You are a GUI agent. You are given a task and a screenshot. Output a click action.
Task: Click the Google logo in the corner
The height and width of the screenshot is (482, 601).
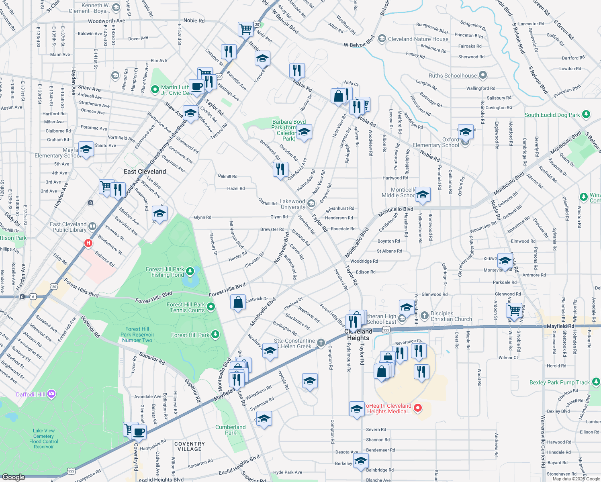[x=13, y=477]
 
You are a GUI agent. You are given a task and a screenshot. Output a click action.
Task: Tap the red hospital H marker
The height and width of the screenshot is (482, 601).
[x=88, y=243]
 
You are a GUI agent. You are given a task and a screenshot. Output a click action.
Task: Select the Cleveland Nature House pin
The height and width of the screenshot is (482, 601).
[x=382, y=39]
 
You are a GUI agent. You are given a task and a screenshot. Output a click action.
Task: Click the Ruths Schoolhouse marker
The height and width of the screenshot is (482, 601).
[x=483, y=75]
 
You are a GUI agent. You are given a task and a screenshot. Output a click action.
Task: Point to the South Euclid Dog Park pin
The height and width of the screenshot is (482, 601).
[x=586, y=114]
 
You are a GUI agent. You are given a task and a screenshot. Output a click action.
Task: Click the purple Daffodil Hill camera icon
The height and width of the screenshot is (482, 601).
[x=51, y=394]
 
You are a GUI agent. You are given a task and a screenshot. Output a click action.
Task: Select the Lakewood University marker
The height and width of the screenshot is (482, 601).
[x=311, y=204]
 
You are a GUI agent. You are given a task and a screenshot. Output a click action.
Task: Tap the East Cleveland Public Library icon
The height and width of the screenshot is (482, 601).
[x=92, y=227]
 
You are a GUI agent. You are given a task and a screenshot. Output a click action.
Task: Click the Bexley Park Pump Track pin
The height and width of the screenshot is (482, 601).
[x=596, y=382]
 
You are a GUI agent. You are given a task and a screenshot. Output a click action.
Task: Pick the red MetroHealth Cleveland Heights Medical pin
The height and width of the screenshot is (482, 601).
[x=418, y=408]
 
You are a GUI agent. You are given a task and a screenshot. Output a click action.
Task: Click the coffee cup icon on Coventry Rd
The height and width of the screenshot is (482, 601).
[x=139, y=432]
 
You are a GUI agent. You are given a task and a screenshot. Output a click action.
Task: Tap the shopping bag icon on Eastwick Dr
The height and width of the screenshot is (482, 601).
[x=238, y=302]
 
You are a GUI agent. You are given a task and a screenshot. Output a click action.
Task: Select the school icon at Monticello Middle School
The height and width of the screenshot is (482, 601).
[x=422, y=195]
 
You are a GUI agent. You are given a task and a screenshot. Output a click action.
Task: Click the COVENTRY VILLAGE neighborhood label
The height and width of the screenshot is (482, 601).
[x=190, y=446]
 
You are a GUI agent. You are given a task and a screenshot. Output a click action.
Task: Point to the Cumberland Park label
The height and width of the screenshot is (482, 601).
[x=230, y=430]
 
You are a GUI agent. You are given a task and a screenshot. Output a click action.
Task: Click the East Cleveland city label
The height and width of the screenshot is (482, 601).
[x=145, y=172]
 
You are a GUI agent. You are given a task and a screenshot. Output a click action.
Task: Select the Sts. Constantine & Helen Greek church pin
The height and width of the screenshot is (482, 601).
[x=321, y=343]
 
